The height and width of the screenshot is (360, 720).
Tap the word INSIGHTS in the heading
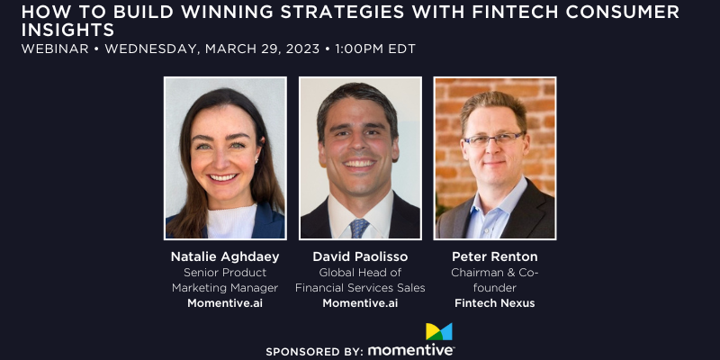pos(68,31)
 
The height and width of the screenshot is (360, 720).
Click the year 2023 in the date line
pos(302,49)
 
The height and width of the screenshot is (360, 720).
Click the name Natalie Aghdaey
pos(225,256)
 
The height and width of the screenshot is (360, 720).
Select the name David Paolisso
pos(360,256)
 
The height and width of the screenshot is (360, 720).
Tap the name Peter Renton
pos(494,256)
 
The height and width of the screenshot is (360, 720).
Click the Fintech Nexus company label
pos(494,303)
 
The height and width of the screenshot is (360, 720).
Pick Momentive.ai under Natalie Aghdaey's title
pos(225,303)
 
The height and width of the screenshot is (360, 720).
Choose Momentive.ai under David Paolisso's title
pos(360,303)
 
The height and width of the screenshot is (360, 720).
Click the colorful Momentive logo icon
pos(439,331)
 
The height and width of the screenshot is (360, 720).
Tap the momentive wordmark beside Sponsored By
pos(411,350)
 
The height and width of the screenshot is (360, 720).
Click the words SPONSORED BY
pos(315,352)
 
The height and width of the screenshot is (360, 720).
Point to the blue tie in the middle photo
pos(359,228)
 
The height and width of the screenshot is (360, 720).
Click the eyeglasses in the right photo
pos(493,139)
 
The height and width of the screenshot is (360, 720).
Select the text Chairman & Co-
pos(494,273)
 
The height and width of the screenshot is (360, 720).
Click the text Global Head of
pos(360,273)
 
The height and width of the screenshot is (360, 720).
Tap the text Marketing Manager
pos(225,288)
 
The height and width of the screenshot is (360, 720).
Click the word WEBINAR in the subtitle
pos(55,49)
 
